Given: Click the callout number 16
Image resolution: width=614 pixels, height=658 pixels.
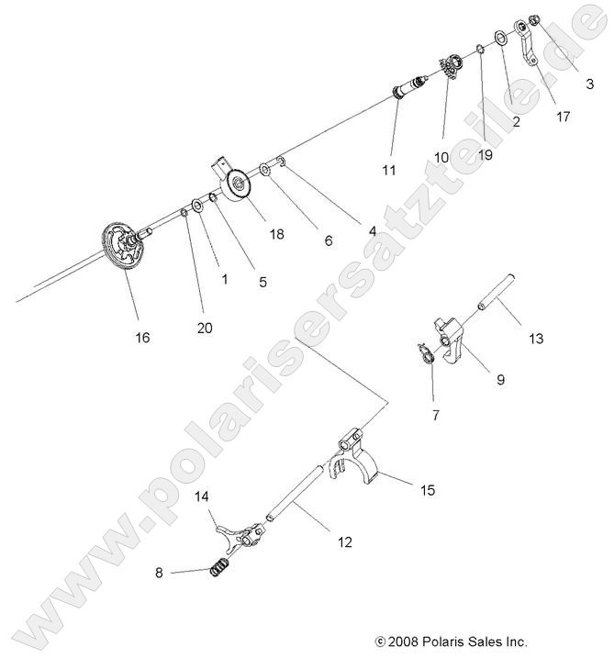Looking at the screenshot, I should (x=142, y=338).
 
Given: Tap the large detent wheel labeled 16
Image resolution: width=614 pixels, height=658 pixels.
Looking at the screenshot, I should (x=122, y=249).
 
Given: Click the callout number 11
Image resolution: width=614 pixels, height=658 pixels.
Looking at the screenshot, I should (x=390, y=171).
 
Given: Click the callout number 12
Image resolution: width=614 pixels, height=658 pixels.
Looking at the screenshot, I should (x=344, y=542).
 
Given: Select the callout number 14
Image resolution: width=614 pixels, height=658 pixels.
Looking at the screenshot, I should (x=202, y=496).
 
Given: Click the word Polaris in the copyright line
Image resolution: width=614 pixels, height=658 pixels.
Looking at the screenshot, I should (x=447, y=641).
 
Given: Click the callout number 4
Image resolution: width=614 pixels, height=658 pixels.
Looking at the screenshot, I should (x=372, y=232).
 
